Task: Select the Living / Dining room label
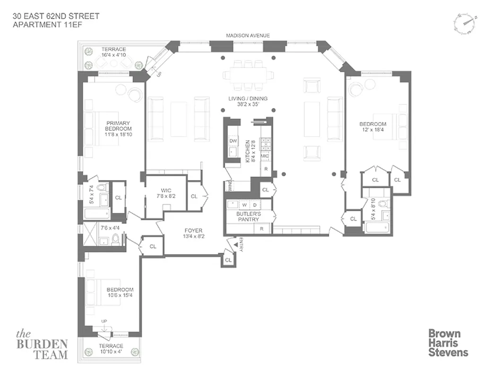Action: [248, 102]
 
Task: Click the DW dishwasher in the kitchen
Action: [233, 141]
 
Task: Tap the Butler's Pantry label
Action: [249, 217]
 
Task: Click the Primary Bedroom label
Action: [118, 129]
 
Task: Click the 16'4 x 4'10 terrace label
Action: [113, 52]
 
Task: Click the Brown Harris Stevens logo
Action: [447, 343]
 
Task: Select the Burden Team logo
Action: [43, 344]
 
